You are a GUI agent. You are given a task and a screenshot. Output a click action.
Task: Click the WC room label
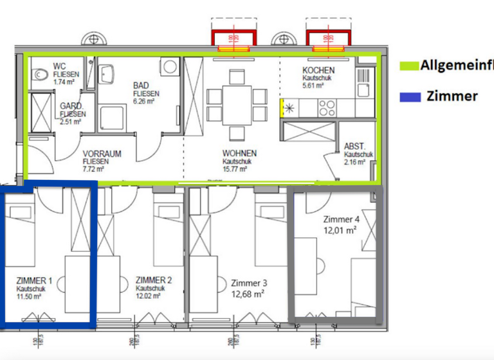coord(60,66)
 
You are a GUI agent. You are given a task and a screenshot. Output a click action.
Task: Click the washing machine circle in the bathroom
coord(170,66)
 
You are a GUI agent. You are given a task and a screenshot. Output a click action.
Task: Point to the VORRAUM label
coord(102,154)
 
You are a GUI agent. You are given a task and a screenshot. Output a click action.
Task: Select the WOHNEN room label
coord(240,153)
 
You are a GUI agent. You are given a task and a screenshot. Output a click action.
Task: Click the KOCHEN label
coord(318,70)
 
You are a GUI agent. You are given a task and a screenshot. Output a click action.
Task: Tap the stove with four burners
coord(326,107)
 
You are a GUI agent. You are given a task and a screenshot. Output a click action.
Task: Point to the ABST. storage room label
coord(354,147)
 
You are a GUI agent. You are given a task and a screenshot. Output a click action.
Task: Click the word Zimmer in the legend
coord(452,96)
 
